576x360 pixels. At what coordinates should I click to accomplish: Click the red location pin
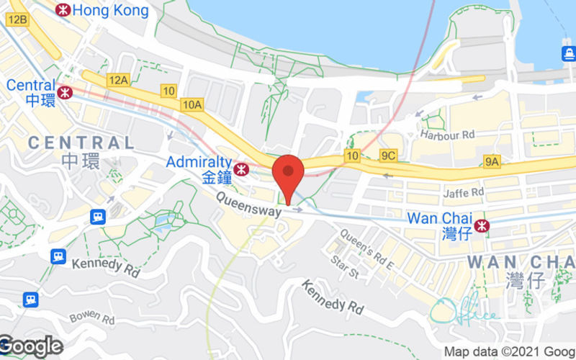[x=289, y=173]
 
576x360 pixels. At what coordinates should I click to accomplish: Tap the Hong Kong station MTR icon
[x=63, y=10]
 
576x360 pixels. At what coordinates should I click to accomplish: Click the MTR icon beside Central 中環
[x=66, y=92]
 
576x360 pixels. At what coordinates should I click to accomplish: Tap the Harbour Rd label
[x=449, y=135]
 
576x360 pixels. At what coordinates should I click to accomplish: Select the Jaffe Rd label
[x=464, y=193]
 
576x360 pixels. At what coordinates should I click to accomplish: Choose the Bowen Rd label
[x=92, y=318]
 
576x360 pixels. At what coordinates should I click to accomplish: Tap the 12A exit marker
[x=117, y=79]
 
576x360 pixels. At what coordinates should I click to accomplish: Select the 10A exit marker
[x=192, y=105]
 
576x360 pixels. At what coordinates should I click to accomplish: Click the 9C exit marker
[x=389, y=155]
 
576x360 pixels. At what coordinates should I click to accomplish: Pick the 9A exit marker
[x=492, y=161]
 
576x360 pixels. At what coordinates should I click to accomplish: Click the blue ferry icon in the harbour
[x=568, y=54]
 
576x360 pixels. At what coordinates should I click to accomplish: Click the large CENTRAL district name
[x=81, y=143]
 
